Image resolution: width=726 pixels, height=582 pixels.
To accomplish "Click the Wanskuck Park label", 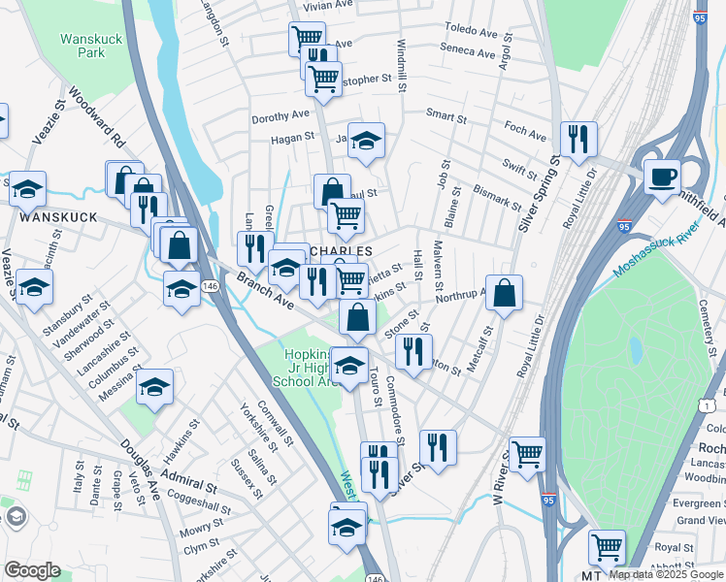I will pos(82,46).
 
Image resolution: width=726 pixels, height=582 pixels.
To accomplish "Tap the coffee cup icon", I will pos(662,177).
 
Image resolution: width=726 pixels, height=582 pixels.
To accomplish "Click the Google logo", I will pos(32,570).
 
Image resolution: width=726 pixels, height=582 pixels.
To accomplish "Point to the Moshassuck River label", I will pos(671,248).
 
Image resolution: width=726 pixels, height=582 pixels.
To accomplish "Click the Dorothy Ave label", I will pos(280,117).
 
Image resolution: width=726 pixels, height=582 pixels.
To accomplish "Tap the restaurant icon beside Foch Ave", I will pos(578,138).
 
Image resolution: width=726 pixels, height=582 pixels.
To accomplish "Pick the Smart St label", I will pos(446,115).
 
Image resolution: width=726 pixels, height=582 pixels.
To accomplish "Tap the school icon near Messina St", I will pos(154,387).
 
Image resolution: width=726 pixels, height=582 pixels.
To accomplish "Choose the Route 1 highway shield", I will pos(709,404).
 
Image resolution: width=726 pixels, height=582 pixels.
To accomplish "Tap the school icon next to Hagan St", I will pos(366,141).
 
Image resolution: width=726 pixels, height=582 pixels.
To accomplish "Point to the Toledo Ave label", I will pos(470,28).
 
